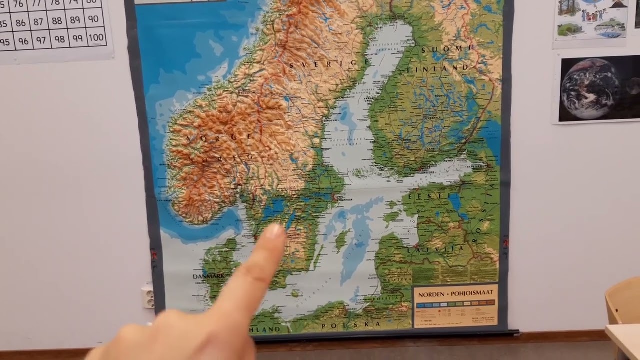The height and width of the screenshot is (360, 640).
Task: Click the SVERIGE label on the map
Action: tap(330, 64)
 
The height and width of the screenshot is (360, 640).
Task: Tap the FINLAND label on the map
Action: tap(438, 68)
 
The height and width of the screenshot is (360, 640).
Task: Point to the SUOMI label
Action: tap(447, 49)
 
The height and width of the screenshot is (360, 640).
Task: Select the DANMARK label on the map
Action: tap(208, 276)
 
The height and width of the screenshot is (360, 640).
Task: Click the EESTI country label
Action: tap(425, 196)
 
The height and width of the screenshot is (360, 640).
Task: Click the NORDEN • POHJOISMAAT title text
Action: tap(455, 293)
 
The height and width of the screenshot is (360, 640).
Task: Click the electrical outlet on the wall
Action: tap(148, 296)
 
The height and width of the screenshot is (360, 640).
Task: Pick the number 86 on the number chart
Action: tap(20, 23)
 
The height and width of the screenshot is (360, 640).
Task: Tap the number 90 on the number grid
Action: tap(92, 19)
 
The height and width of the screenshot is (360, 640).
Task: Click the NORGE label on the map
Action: tap(219, 136)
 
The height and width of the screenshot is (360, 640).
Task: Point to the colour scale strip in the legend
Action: tap(455, 304)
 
